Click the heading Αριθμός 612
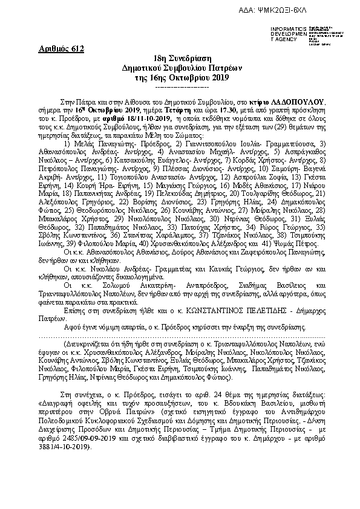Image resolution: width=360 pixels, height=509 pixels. coord(63,48)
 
